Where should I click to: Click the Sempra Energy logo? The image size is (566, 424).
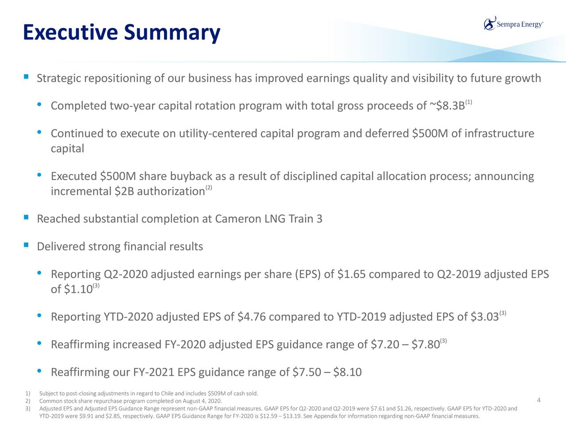pos(513,24)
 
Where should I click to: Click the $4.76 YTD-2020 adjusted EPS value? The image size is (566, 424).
pos(252,317)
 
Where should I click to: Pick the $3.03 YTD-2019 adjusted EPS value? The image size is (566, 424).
pos(485,317)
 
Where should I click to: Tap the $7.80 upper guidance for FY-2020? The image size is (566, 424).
pos(425,344)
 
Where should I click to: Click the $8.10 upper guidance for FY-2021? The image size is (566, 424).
pos(347,372)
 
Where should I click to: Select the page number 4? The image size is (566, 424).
pos(539,400)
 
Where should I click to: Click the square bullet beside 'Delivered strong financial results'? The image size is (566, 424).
pos(26,245)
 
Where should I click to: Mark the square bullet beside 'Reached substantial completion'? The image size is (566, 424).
pos(26,217)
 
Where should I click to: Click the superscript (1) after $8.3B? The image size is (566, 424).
pos(469,102)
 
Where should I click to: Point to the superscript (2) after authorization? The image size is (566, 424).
pos(209,188)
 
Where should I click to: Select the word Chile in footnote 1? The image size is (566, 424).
pos(167,394)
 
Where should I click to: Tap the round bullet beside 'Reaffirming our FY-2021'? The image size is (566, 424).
pos(39,371)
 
